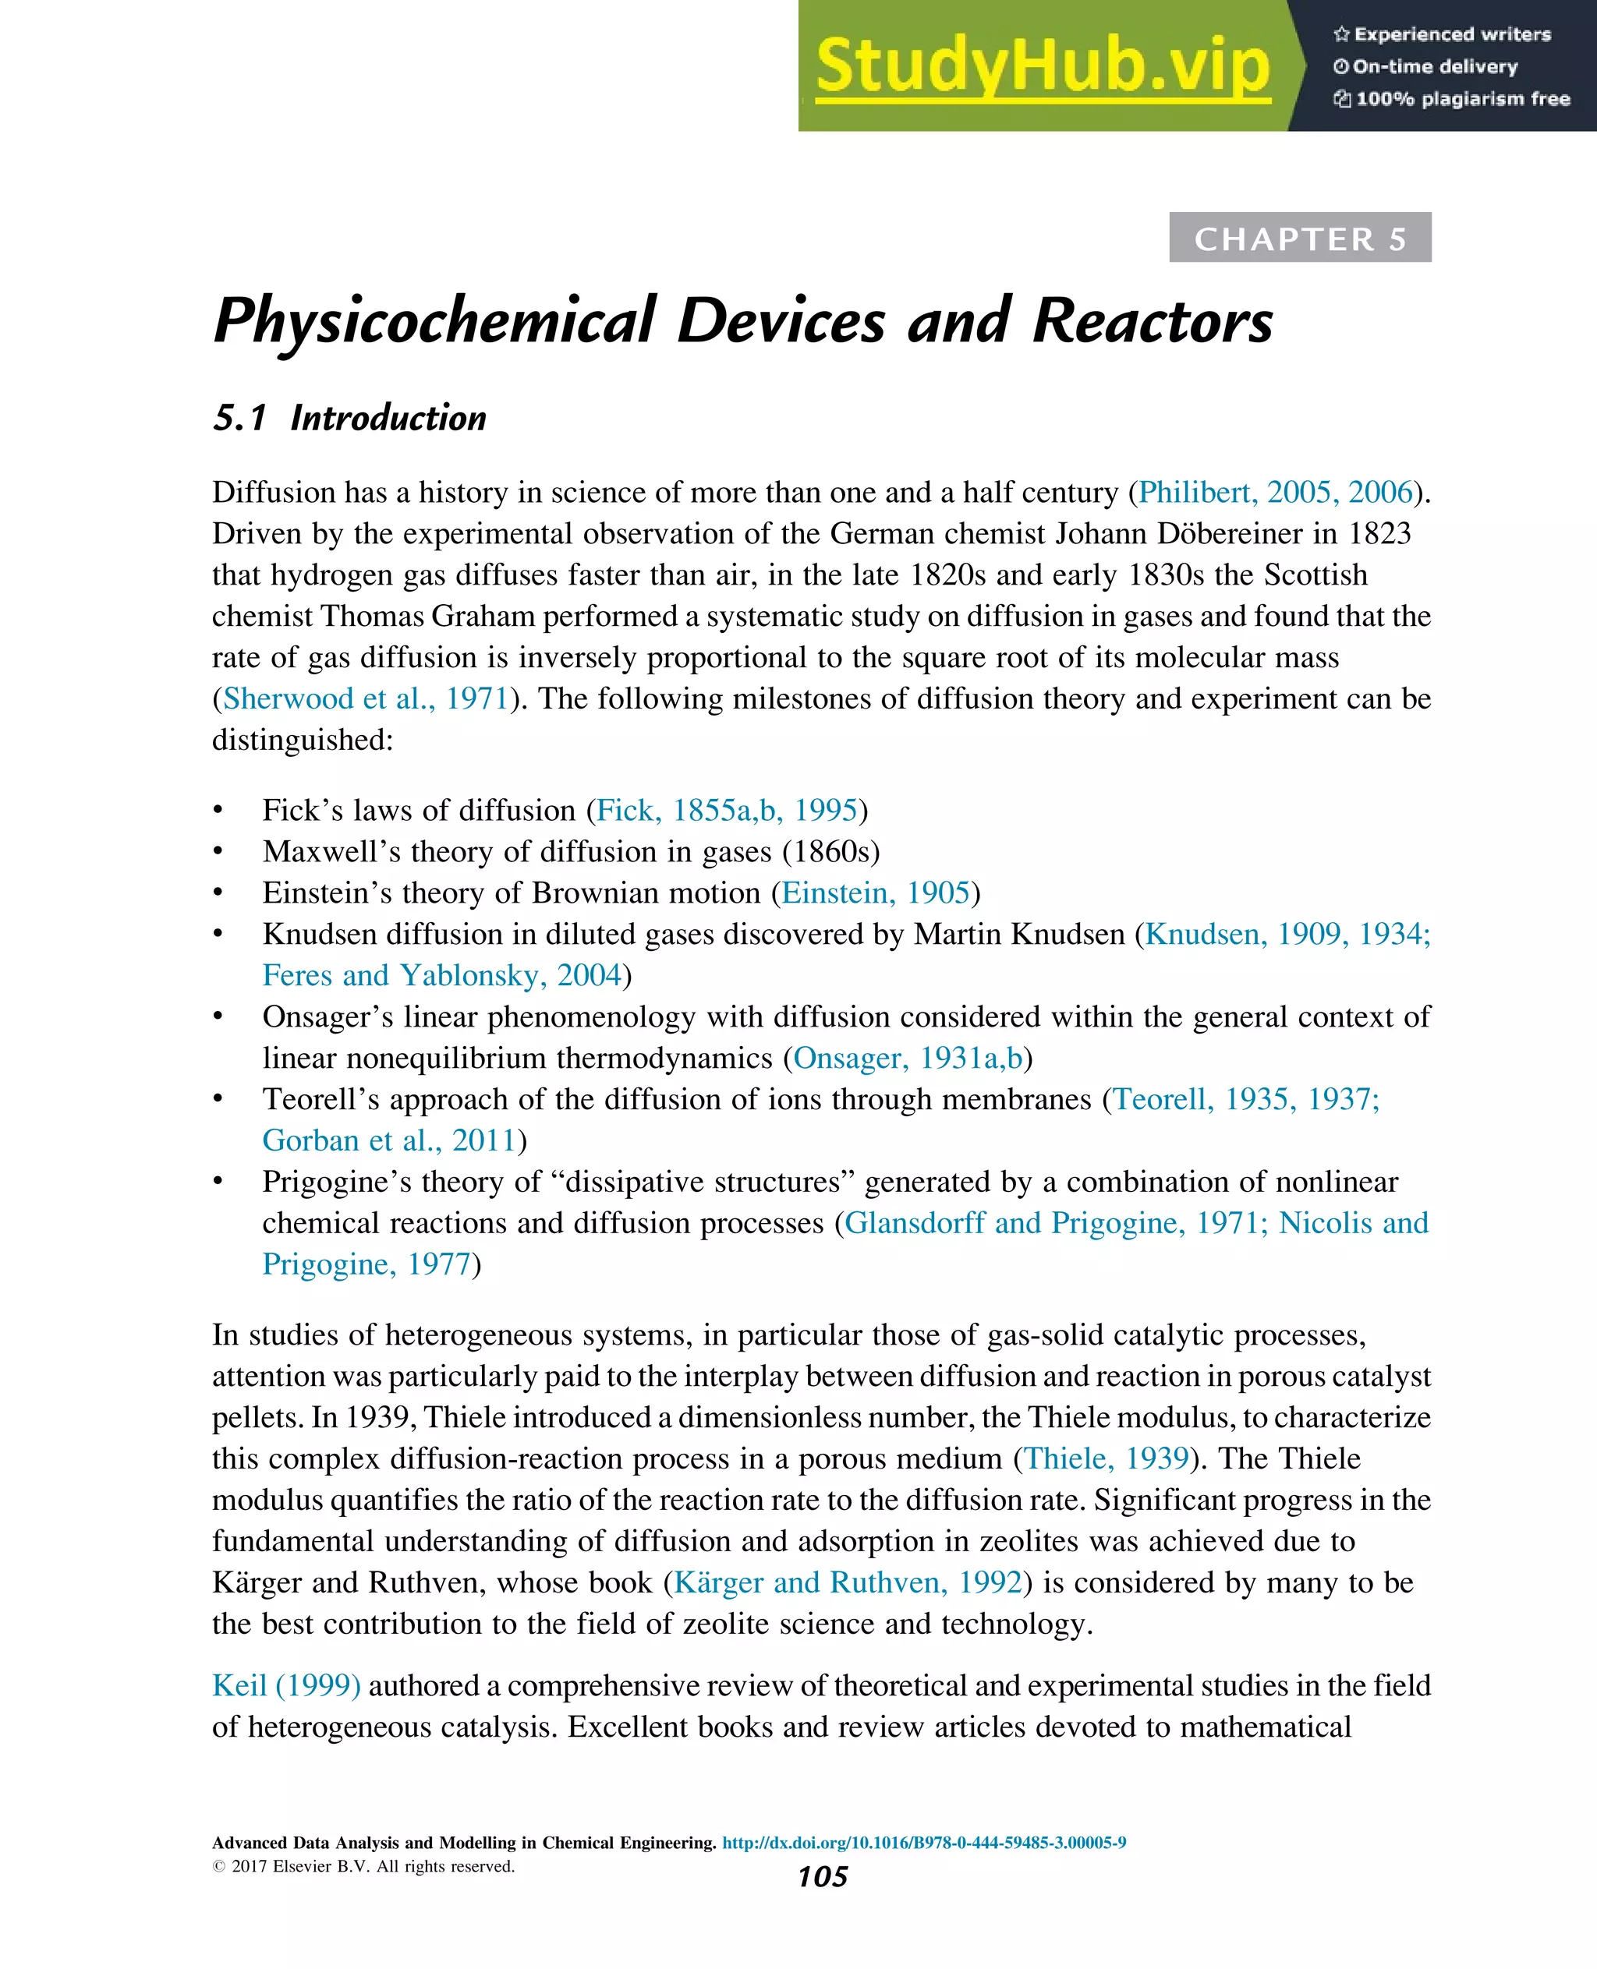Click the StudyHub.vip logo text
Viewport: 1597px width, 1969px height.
coord(1043,66)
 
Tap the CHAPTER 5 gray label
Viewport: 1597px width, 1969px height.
coord(1300,239)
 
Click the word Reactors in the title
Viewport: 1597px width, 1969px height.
coord(1152,322)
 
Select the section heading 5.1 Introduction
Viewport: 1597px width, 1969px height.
coord(349,419)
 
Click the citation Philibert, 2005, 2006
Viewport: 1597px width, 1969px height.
coord(1275,492)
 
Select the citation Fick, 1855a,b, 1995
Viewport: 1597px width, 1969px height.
coord(727,810)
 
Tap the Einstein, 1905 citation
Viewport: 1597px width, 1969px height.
coord(876,893)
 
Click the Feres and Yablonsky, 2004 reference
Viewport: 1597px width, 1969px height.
coord(441,975)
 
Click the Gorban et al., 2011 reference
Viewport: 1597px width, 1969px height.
coord(388,1140)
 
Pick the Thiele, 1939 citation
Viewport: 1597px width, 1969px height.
coord(1107,1458)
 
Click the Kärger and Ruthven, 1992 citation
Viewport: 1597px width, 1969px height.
coord(848,1582)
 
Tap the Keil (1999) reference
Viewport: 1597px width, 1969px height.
coord(286,1686)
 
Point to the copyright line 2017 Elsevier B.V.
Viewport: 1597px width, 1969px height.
coord(363,1866)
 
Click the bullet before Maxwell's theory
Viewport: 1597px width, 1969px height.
coord(218,853)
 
